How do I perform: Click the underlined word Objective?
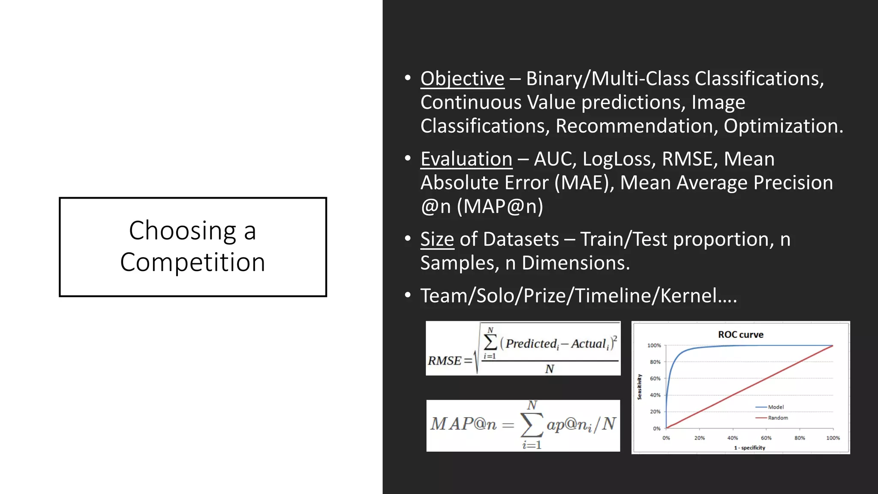(x=462, y=79)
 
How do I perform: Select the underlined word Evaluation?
(x=466, y=159)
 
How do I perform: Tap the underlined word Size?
(x=437, y=239)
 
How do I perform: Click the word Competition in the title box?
(x=192, y=262)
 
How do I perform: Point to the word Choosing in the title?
(x=182, y=231)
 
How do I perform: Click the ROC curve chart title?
(x=740, y=334)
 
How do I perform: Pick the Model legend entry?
(x=776, y=407)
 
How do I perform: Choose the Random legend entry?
(x=778, y=418)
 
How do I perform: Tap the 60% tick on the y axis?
(x=655, y=379)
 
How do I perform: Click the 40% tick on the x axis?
(x=733, y=438)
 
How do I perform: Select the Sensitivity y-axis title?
(x=640, y=386)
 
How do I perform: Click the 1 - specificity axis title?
(x=749, y=448)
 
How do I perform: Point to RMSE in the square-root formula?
(x=445, y=361)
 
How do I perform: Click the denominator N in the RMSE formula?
(x=550, y=369)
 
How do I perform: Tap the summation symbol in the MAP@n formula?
(x=531, y=425)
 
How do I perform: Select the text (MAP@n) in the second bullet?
(x=500, y=207)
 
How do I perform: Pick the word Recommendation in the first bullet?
(x=636, y=127)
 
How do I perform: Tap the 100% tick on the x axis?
(x=833, y=438)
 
